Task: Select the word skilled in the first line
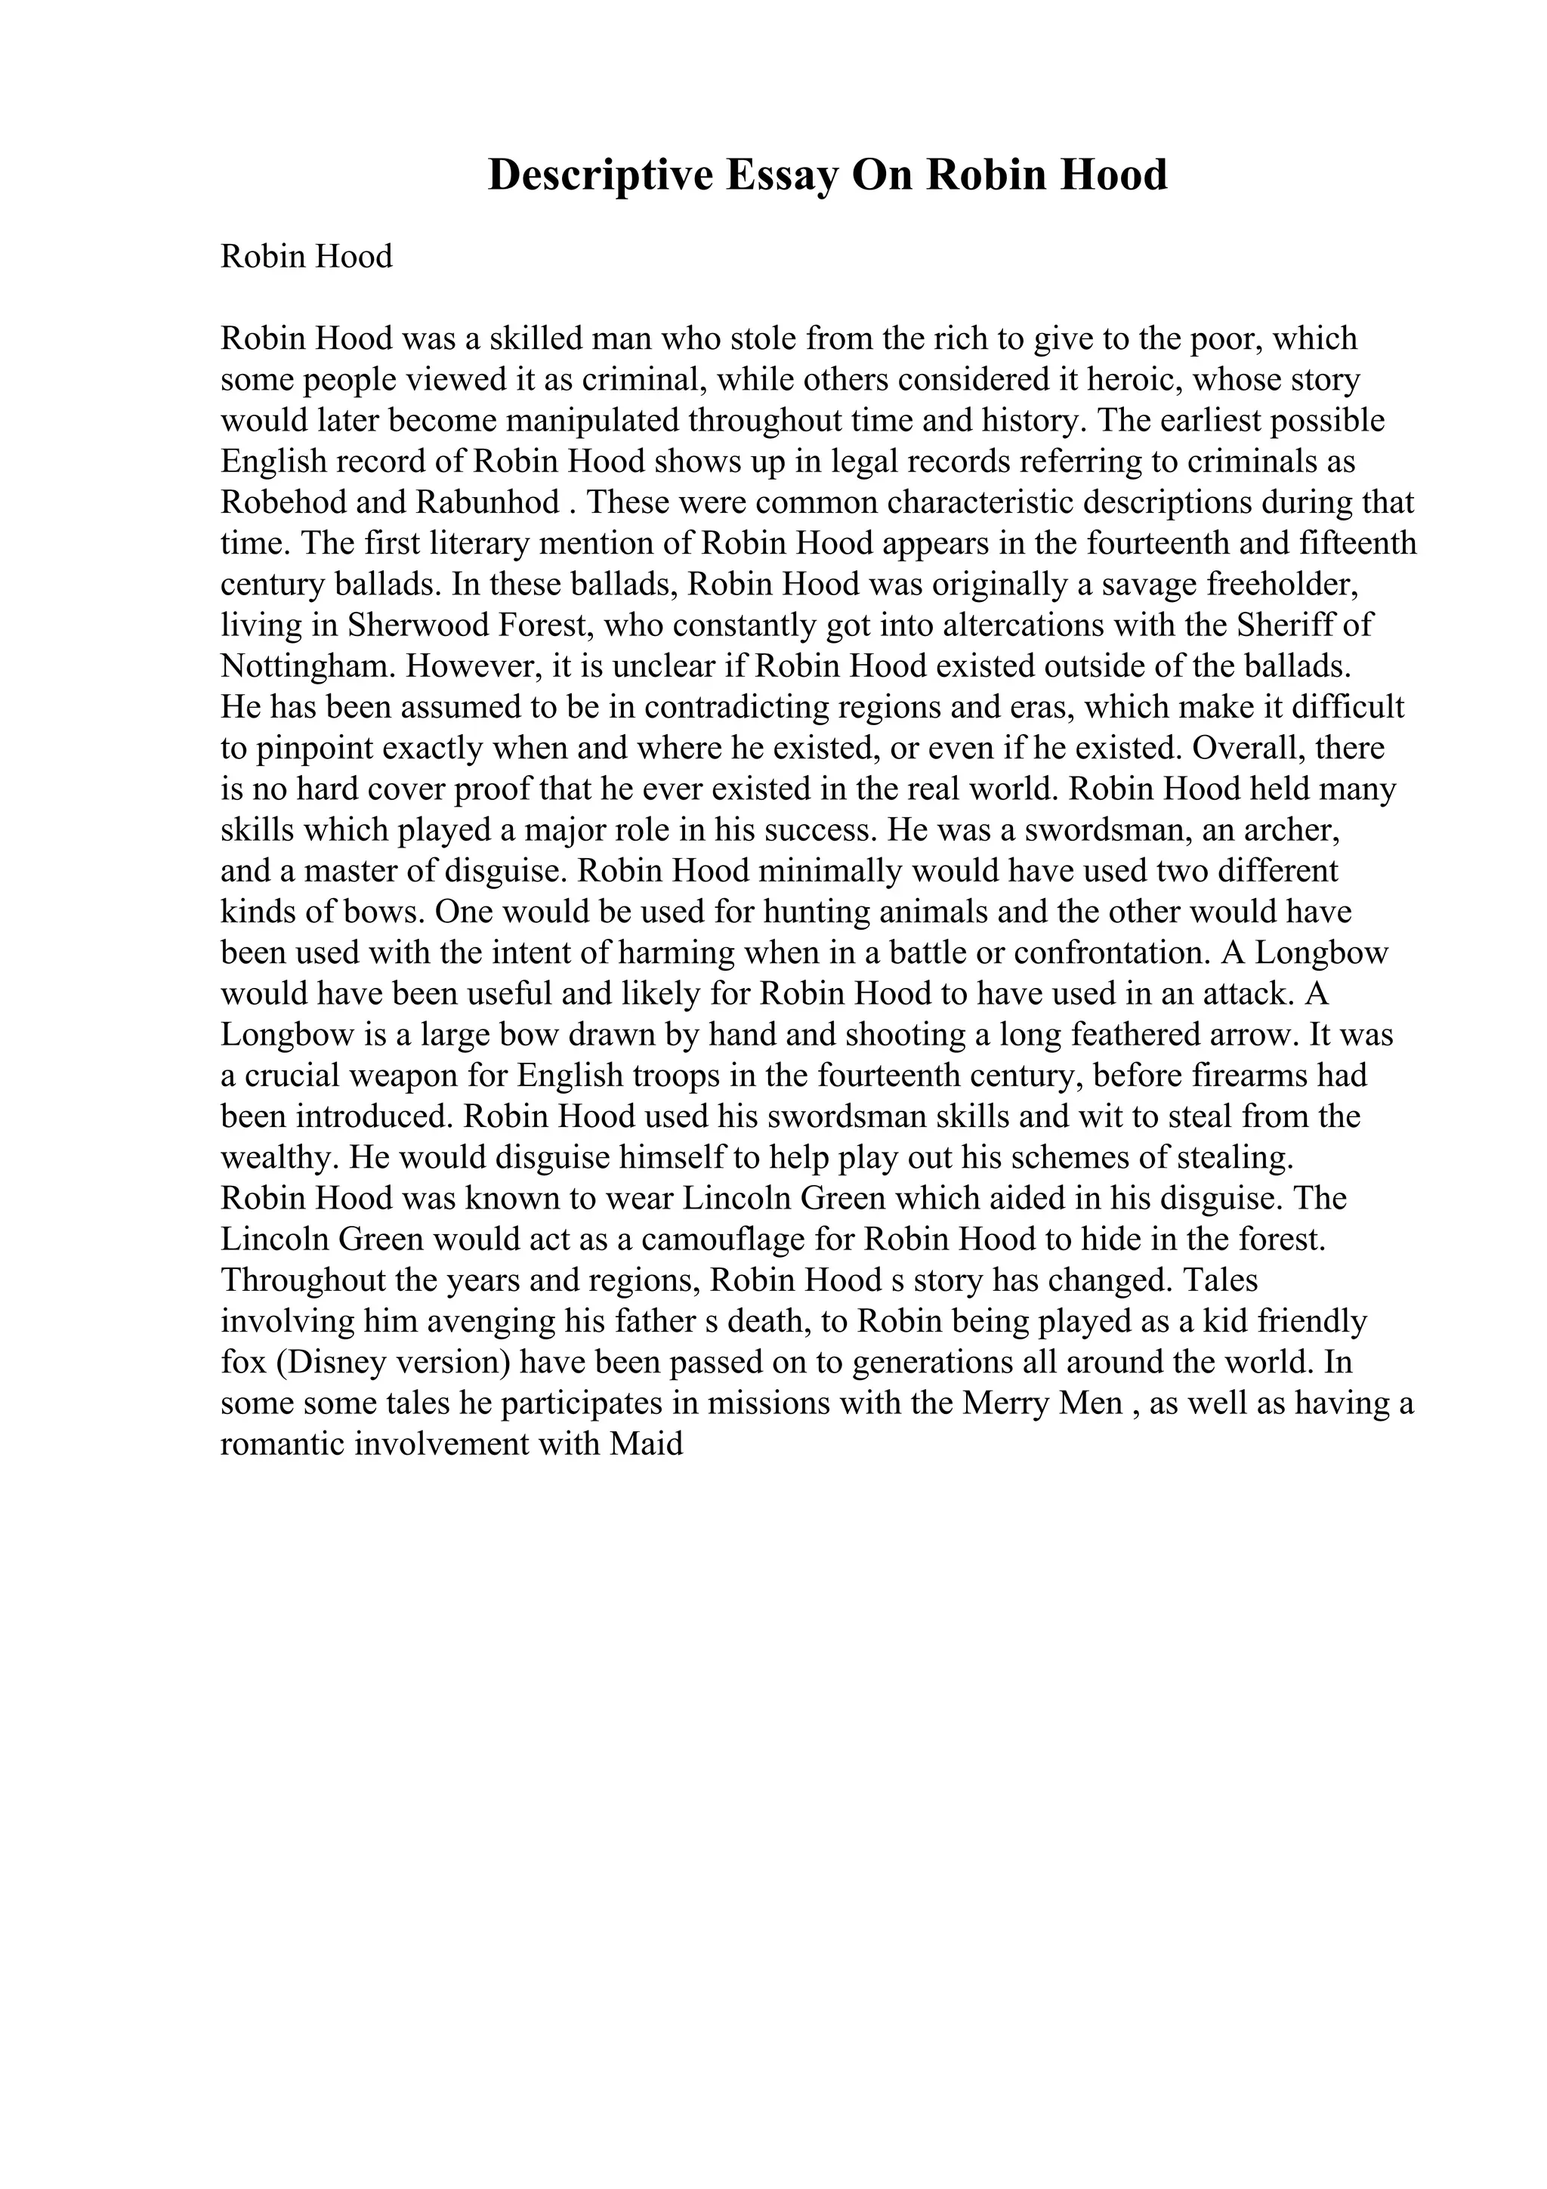[x=535, y=338]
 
